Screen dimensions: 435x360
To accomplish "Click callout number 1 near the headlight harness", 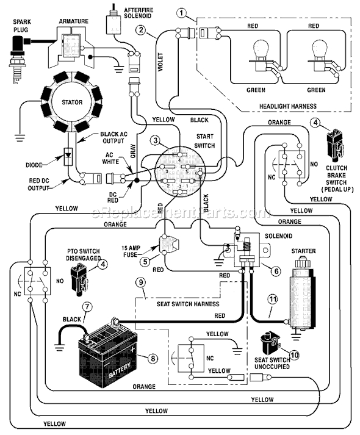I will pos(181,12).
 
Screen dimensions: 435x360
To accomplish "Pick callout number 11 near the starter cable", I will pos(273,299).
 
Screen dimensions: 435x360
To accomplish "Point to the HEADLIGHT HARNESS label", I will pos(287,106).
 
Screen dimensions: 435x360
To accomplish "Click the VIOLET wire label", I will pos(162,61).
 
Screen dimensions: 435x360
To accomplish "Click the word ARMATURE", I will pos(74,21).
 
